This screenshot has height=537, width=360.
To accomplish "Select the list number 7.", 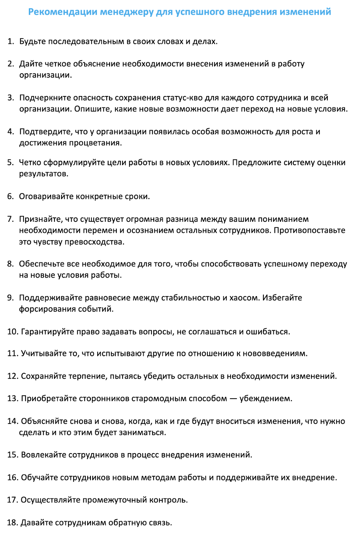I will tap(10, 219).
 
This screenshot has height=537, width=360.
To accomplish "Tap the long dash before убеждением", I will tap(233, 399).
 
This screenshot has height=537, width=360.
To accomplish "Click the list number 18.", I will tap(12, 523).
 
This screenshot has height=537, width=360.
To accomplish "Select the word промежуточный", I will tap(115, 500).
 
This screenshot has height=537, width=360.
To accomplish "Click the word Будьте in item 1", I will tap(33, 42).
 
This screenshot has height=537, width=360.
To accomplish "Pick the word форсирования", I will tap(47, 309).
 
